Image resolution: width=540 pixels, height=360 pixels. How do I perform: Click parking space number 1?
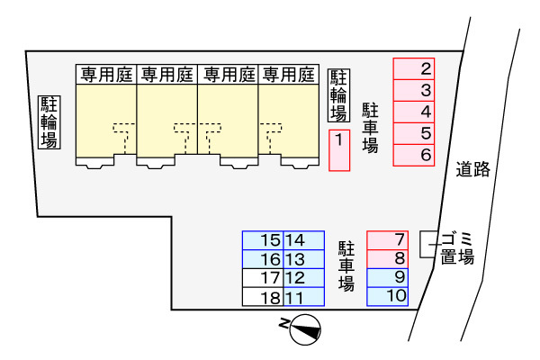click(338, 149)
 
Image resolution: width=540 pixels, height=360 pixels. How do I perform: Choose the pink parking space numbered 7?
click(388, 239)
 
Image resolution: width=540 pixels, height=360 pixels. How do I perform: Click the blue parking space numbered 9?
click(388, 276)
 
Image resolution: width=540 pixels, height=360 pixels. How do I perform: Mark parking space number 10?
click(388, 295)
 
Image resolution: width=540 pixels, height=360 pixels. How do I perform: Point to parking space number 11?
click(303, 296)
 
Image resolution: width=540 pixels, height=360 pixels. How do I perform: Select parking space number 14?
click(303, 240)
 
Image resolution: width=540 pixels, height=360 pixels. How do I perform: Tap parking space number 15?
click(263, 240)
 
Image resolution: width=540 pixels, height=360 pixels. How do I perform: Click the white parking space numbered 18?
click(263, 296)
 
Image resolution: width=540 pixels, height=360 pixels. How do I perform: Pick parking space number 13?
click(303, 259)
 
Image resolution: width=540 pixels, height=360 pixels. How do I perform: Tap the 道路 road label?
click(473, 168)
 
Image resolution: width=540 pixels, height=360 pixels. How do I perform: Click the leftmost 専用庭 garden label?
click(105, 74)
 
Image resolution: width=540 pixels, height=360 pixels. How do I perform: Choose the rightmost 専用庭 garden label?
click(289, 74)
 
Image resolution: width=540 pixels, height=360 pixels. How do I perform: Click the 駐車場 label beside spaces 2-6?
click(370, 128)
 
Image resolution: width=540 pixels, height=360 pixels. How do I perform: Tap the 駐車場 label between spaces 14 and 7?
click(346, 265)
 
